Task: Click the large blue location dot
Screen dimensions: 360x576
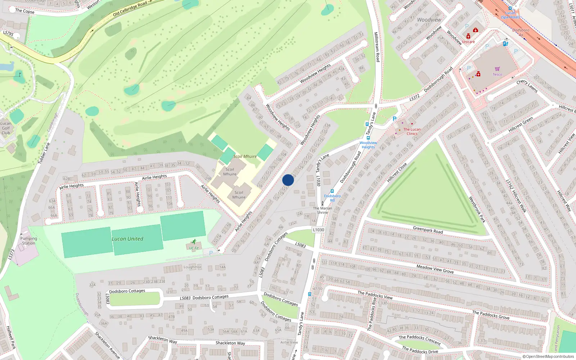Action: [x=288, y=180]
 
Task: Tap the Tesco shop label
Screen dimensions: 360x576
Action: [x=497, y=75]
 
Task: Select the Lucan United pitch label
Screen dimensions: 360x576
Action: [x=127, y=239]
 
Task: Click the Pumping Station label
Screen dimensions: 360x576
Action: [x=29, y=241]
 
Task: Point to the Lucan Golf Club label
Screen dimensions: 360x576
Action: [x=6, y=128]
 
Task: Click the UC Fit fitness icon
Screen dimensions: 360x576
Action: [x=194, y=242]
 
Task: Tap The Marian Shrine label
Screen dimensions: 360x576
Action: [x=323, y=210]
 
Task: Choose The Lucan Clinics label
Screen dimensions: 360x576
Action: [x=412, y=131]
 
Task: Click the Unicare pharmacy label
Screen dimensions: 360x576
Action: [x=468, y=42]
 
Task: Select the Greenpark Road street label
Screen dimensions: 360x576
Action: [x=428, y=230]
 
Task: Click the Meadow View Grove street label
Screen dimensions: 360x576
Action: [x=435, y=269]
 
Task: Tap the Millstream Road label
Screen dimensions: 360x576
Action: [x=377, y=47]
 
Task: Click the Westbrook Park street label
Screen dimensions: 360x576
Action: [x=477, y=209]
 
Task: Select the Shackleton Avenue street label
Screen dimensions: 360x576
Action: [x=107, y=345]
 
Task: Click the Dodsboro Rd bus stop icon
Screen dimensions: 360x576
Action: [x=332, y=192]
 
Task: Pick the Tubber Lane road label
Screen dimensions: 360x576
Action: [x=44, y=153]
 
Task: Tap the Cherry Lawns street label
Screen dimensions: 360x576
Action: [x=527, y=86]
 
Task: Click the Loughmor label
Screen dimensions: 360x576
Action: [x=193, y=267]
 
